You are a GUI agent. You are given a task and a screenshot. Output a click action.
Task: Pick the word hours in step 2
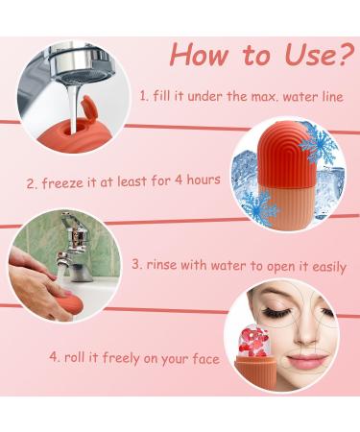[x=200, y=180]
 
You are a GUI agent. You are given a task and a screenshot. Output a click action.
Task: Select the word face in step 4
[x=204, y=359]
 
